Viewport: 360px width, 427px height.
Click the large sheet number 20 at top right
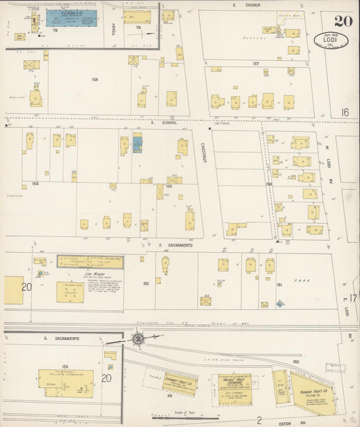pyautogui.click(x=342, y=20)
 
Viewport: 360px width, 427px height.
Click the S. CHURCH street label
pyautogui.click(x=247, y=5)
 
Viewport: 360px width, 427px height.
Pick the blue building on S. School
pyautogui.click(x=138, y=143)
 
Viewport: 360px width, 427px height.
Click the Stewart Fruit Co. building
pyautogui.click(x=180, y=384)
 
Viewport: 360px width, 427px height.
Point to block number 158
pyautogui.click(x=95, y=80)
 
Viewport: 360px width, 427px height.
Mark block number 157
pyautogui.click(x=255, y=64)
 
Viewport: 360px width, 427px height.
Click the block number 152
pyautogui.click(x=146, y=284)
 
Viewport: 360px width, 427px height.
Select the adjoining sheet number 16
pyautogui.click(x=344, y=112)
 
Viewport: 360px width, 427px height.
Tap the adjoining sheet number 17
pyautogui.click(x=353, y=297)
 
